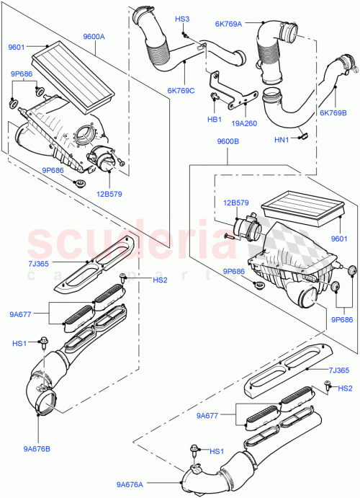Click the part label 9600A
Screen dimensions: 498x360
tap(94, 36)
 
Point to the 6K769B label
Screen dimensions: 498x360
tap(333, 113)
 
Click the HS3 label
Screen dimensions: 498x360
tap(182, 19)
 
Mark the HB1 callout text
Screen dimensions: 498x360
tap(214, 119)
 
